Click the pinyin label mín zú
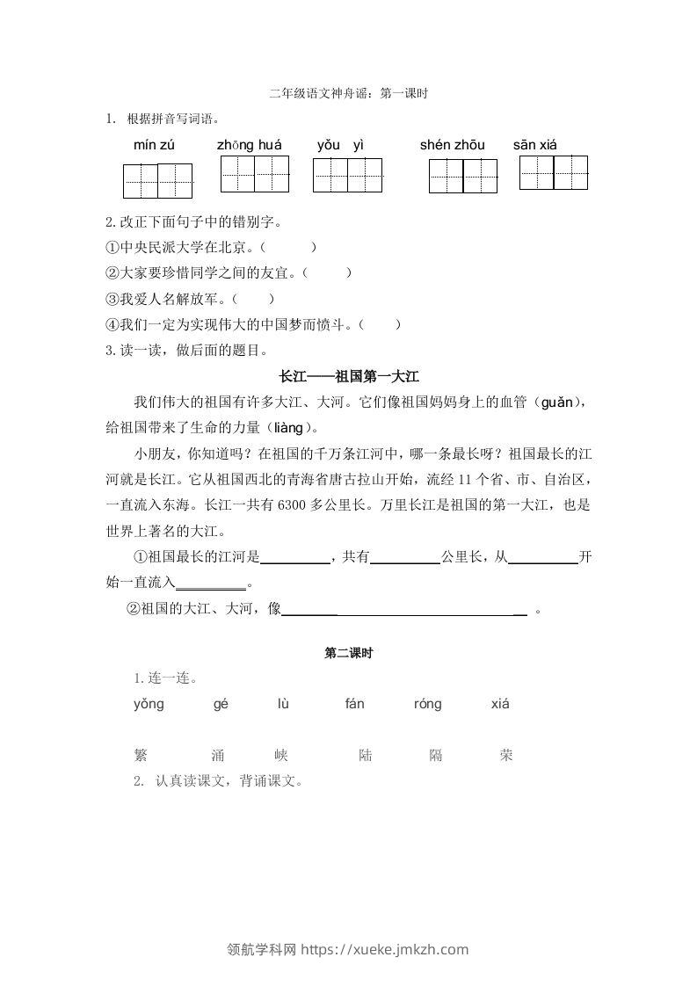tap(154, 145)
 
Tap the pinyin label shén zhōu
tap(452, 145)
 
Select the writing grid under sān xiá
tap(554, 172)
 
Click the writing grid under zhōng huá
tap(254, 174)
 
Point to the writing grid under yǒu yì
tap(348, 175)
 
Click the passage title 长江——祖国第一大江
tap(348, 376)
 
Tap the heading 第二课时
tap(348, 653)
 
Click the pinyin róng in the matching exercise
tap(427, 704)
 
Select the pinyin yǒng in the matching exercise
tap(149, 704)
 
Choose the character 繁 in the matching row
tap(141, 755)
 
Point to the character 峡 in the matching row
tap(281, 755)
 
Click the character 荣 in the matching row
tap(505, 755)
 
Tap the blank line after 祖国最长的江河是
tap(295, 557)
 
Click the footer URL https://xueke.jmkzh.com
tap(385, 949)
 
